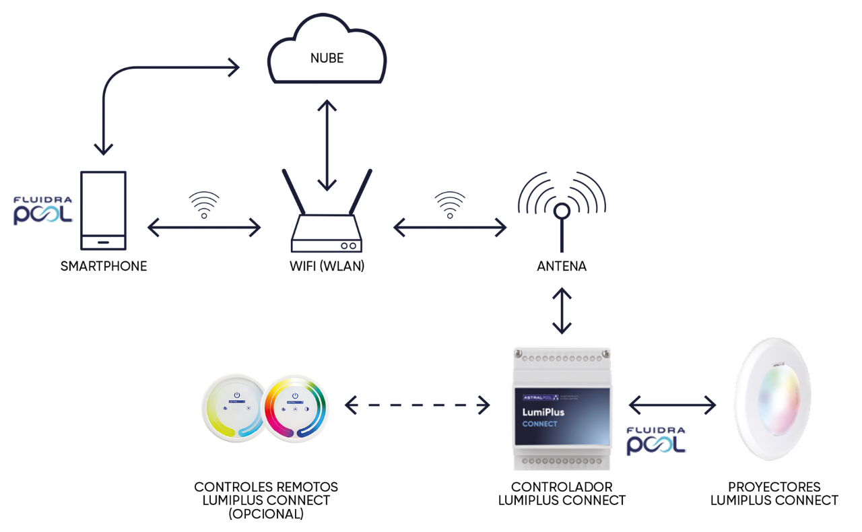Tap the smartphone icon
pyautogui.click(x=103, y=211)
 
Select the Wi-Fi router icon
pyautogui.click(x=327, y=222)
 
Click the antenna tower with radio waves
pyautogui.click(x=562, y=209)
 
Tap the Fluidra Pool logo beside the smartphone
pyautogui.click(x=42, y=211)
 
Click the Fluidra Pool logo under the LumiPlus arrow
pyautogui.click(x=656, y=441)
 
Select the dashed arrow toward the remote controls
pyautogui.click(x=418, y=405)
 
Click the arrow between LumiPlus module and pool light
pyautogui.click(x=672, y=405)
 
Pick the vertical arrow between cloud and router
pyautogui.click(x=327, y=145)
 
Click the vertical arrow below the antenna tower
pyautogui.click(x=562, y=311)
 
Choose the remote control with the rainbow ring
pyautogui.click(x=298, y=407)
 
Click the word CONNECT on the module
pyautogui.click(x=540, y=424)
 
